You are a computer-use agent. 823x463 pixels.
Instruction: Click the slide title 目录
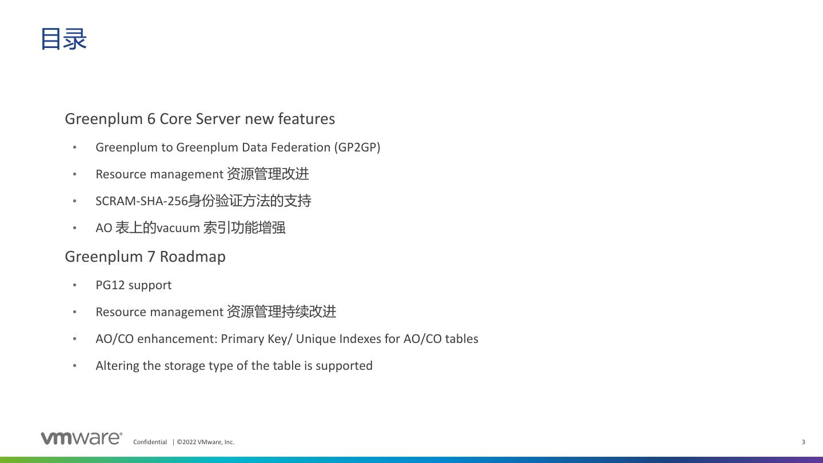(63, 39)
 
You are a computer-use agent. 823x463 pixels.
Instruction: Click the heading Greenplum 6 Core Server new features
(199, 119)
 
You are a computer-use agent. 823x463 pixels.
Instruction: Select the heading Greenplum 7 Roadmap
(145, 257)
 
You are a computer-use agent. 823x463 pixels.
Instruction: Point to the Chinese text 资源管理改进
(267, 174)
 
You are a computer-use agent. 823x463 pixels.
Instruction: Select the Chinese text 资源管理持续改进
(281, 312)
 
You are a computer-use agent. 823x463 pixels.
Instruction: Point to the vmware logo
(81, 438)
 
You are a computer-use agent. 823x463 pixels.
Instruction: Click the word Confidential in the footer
(150, 442)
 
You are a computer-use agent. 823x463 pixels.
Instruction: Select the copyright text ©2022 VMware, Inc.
(205, 442)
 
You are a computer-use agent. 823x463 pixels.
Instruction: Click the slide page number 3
(804, 442)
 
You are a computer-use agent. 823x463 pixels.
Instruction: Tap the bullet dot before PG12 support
(75, 285)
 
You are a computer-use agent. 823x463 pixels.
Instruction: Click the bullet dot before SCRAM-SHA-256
(75, 201)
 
